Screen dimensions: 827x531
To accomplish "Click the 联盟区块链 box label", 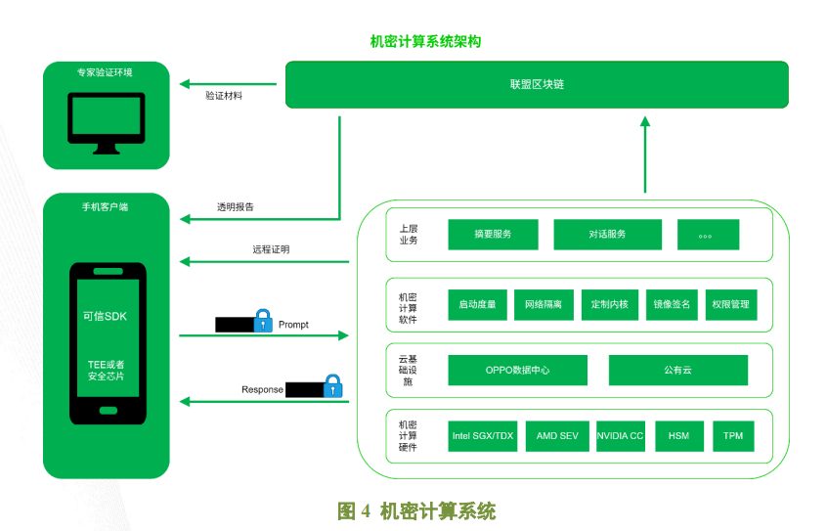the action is [x=537, y=84].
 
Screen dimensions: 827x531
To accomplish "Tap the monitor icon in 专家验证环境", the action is [x=106, y=123].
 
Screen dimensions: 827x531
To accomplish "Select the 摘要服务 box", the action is [x=493, y=235].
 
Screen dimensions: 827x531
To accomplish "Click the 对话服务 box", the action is [x=608, y=235].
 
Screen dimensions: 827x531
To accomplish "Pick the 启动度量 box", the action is [x=477, y=304].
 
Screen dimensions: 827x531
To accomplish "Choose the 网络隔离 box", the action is [x=544, y=304].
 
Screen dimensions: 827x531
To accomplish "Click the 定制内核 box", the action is [x=610, y=304].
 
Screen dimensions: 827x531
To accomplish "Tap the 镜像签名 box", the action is [x=672, y=304].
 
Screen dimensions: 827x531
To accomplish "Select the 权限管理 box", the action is [x=731, y=304].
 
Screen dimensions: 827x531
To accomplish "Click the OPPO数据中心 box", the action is [x=517, y=370].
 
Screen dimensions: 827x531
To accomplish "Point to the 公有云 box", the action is [x=678, y=370].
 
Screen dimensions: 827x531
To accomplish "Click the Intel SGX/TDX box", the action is [x=483, y=436].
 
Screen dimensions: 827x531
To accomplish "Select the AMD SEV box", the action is [x=557, y=436].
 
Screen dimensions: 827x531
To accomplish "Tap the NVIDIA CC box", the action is [x=620, y=436].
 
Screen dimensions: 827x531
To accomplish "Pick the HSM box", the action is [x=679, y=436].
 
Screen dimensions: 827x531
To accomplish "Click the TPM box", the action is [x=733, y=436].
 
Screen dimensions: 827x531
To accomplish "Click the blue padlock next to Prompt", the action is [x=263, y=321].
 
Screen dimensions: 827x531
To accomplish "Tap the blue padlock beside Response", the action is [x=332, y=386].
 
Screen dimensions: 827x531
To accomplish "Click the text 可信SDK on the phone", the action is [x=105, y=316].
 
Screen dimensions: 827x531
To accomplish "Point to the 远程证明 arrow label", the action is [x=271, y=249].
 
